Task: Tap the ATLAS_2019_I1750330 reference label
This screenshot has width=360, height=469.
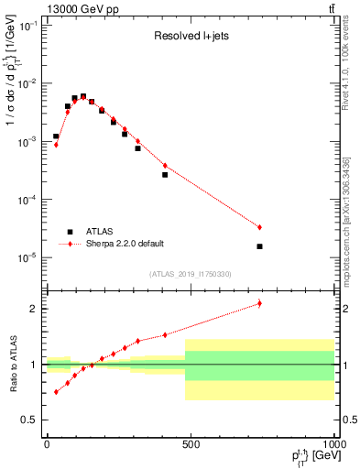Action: click(190, 274)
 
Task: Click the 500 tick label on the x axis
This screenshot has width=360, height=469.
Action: click(191, 444)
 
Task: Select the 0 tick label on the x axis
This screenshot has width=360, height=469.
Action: click(47, 444)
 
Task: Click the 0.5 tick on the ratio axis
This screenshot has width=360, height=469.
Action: click(28, 420)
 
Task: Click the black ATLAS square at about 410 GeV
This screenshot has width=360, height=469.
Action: click(165, 174)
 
